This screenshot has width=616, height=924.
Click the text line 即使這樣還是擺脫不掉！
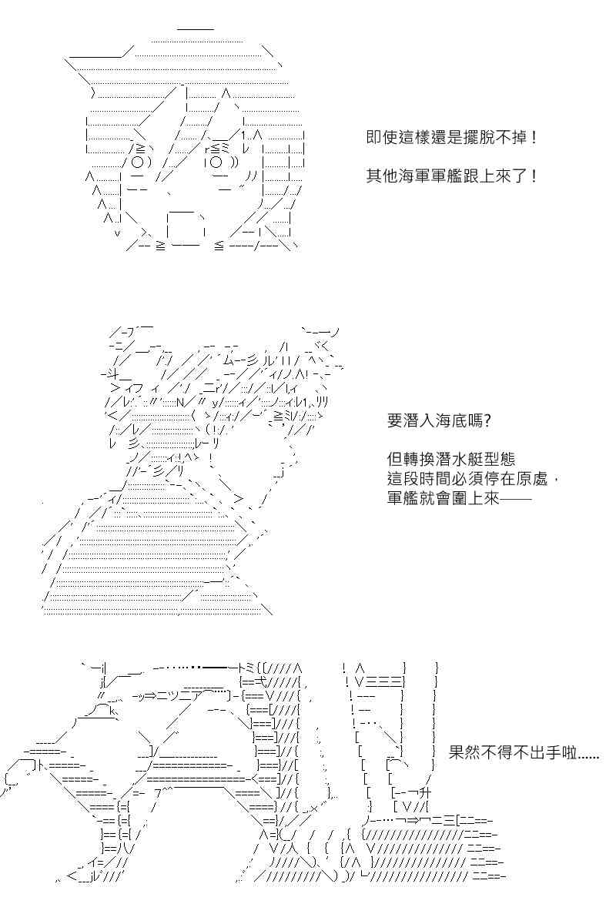point(452,137)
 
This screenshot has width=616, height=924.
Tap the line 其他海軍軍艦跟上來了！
point(452,176)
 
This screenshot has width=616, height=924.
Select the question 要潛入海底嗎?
point(439,421)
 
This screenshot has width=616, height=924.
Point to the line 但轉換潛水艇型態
point(451,460)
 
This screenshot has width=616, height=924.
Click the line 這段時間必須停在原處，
point(474,479)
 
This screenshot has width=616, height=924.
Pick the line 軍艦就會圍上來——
point(459,498)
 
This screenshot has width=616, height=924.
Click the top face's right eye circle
point(216,162)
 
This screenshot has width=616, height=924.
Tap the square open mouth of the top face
point(186,228)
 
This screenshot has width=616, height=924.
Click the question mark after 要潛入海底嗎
point(487,421)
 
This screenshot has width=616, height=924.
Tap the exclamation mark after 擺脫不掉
point(534,137)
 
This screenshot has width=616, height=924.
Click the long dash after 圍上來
point(516,500)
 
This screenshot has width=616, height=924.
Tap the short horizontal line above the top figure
point(196,29)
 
